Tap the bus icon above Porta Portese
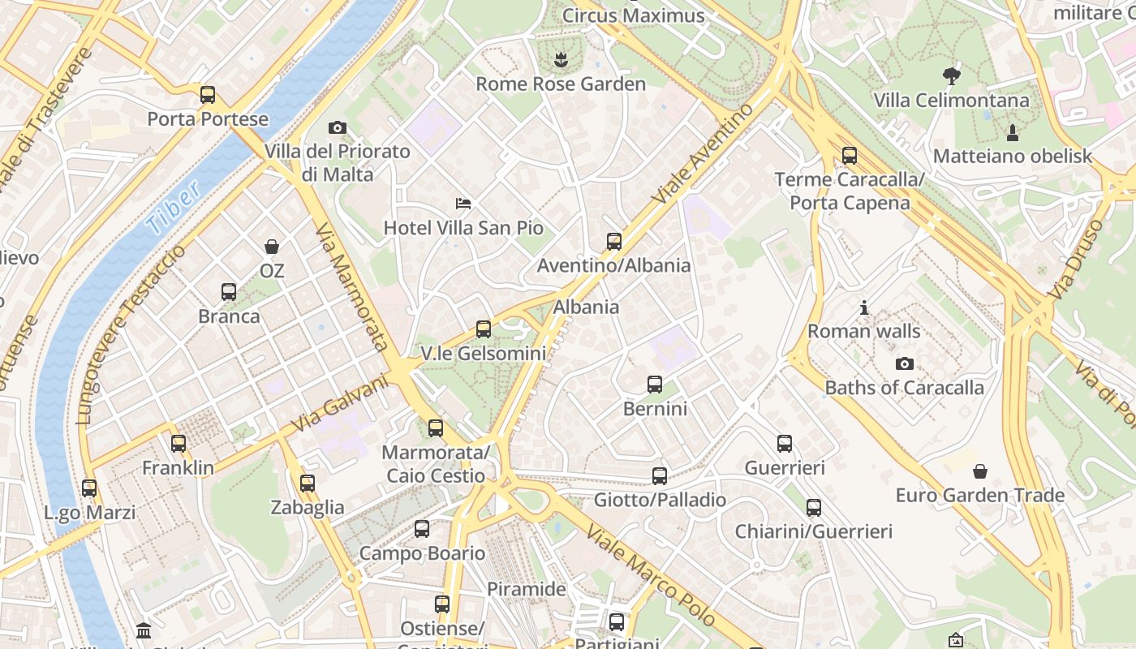tap(208, 95)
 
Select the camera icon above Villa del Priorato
tap(338, 127)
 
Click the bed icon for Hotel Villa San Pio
tap(463, 203)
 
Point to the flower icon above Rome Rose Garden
tap(560, 59)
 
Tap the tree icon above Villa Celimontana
tap(952, 76)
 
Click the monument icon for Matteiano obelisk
tap(1013, 132)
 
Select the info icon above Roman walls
tap(864, 307)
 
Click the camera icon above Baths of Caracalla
tap(905, 363)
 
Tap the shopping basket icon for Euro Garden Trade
tap(980, 471)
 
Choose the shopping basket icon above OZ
tap(272, 247)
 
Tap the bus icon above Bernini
tap(655, 385)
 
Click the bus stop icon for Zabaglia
tap(308, 484)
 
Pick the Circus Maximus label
tap(633, 15)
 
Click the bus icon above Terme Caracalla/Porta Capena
tap(850, 156)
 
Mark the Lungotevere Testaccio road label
tap(130, 333)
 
